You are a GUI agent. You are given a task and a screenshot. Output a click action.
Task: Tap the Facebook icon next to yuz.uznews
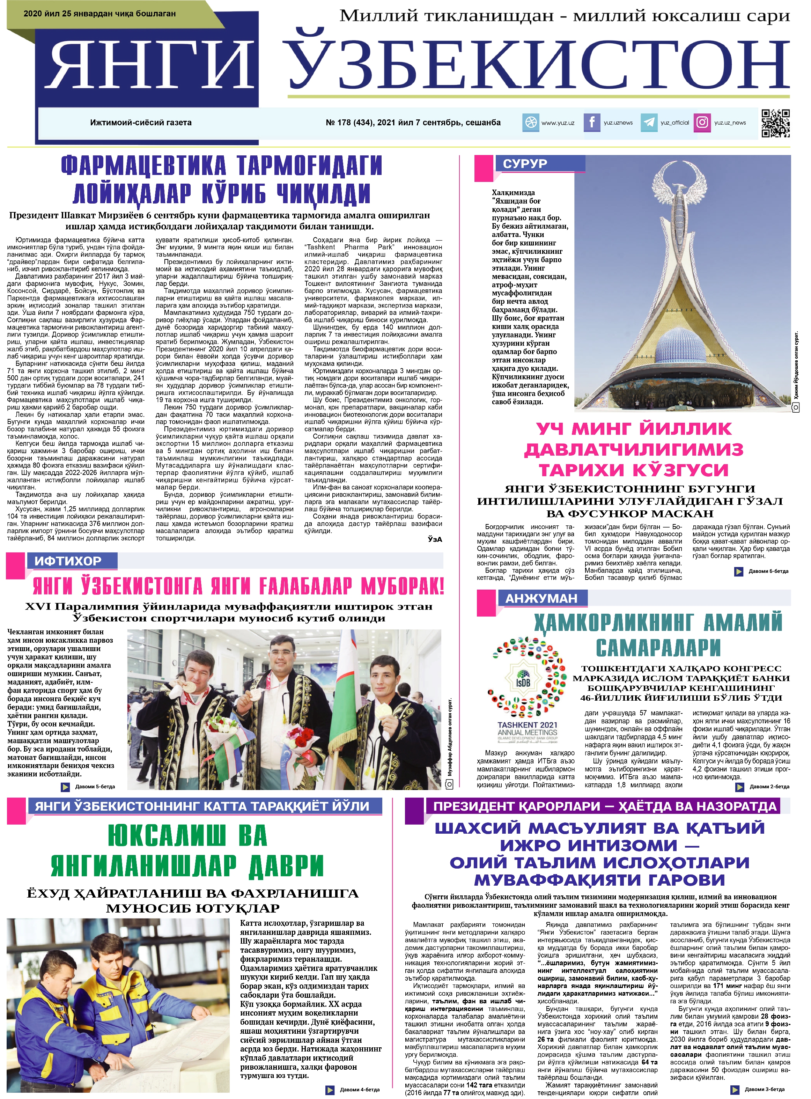[592, 122]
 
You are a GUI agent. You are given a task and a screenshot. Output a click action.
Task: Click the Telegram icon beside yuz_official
[649, 123]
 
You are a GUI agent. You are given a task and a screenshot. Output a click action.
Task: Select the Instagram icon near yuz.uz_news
[702, 122]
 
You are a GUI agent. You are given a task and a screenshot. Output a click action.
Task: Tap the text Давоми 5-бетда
[95, 786]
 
